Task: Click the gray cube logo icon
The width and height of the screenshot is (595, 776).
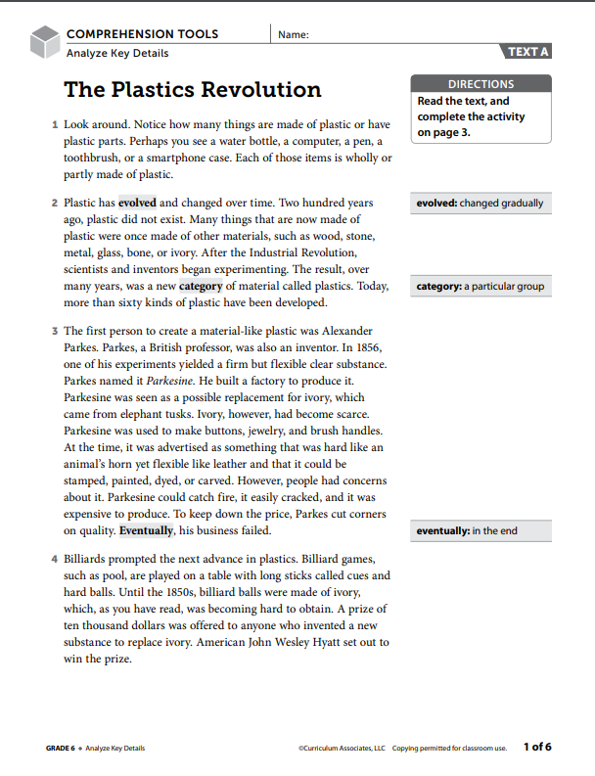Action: [45, 41]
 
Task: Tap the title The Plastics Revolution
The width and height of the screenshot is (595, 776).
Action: [192, 90]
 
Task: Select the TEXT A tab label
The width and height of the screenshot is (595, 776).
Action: [528, 52]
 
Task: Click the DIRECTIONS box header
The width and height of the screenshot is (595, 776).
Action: [481, 84]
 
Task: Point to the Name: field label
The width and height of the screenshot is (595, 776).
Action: [294, 34]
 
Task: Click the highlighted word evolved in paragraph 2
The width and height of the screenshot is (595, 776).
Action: [137, 204]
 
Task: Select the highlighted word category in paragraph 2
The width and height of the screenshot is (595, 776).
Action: [201, 287]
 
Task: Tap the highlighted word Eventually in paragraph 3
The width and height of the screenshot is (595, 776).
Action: [147, 530]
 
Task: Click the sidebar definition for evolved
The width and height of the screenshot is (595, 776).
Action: [479, 204]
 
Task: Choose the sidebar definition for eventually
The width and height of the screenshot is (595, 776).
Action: [467, 530]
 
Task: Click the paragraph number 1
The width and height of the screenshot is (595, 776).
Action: [54, 125]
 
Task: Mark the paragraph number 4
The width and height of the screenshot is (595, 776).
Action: [54, 560]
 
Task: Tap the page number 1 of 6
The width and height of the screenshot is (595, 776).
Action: [537, 747]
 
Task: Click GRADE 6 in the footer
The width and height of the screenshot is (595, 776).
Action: [60, 749]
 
